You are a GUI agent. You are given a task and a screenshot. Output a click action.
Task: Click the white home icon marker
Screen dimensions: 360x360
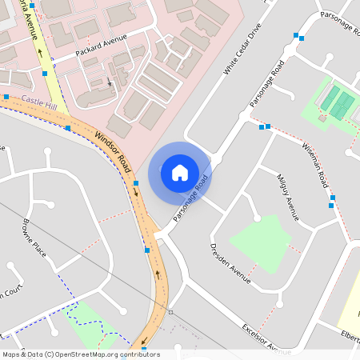pyautogui.click(x=180, y=172)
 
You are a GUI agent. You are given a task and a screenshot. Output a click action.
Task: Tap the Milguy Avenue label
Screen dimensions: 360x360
pyautogui.click(x=287, y=197)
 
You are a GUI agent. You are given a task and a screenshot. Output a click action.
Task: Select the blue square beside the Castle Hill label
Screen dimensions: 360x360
pyautogui.click(x=6, y=97)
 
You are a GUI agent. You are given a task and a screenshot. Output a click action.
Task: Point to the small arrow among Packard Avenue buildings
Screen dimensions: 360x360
pyautogui.click(x=110, y=81)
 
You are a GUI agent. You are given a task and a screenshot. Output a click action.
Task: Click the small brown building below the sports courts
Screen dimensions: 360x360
pyautogui.click(x=322, y=118)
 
